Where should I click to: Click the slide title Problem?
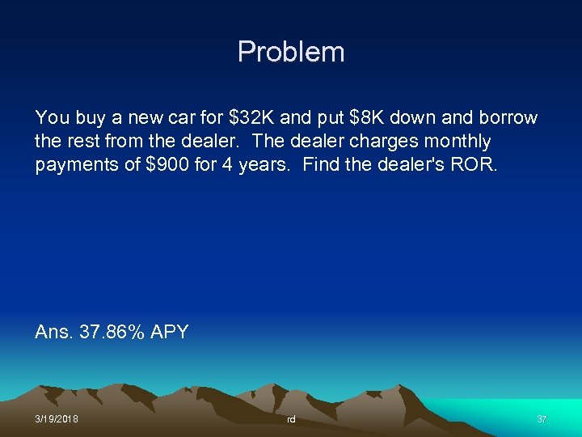point(291,53)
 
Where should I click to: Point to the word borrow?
point(508,118)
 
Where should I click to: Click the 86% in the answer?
point(126,332)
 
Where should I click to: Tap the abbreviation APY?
point(170,332)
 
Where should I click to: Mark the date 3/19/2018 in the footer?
point(57,419)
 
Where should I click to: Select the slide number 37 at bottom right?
point(542,419)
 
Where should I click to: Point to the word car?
point(169,118)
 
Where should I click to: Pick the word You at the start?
point(51,118)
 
